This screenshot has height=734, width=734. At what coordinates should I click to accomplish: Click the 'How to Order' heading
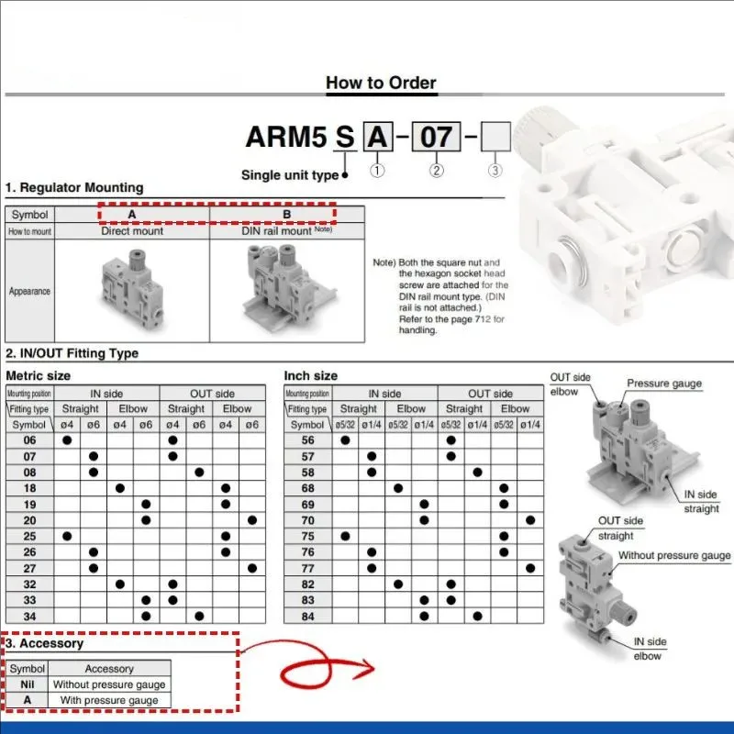click(x=381, y=83)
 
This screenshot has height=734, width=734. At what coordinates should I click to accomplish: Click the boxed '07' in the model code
click(x=437, y=137)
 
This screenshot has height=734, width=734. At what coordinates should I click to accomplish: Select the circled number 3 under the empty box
click(x=495, y=170)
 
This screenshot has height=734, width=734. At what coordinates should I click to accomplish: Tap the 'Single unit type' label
click(x=290, y=174)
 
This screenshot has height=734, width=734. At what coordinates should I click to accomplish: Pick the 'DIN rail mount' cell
click(x=285, y=232)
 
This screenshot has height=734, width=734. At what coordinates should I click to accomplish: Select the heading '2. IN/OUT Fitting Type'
click(x=72, y=353)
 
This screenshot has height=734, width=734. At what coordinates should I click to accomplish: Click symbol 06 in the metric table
click(x=30, y=440)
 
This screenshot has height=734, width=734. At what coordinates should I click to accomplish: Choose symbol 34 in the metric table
click(x=30, y=616)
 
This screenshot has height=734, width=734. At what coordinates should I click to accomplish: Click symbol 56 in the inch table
click(x=307, y=440)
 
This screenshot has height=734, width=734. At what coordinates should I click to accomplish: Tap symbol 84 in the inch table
click(x=307, y=616)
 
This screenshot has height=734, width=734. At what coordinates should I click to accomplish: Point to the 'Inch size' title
click(x=310, y=375)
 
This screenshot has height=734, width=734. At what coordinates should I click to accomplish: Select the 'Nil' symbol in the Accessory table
click(x=28, y=684)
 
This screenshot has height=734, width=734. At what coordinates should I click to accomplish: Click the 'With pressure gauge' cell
click(x=109, y=700)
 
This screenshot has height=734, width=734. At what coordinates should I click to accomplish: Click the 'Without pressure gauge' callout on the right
click(x=674, y=555)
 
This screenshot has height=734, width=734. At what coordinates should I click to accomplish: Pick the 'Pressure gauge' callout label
click(x=663, y=384)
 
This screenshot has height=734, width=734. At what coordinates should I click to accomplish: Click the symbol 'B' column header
click(x=286, y=215)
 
